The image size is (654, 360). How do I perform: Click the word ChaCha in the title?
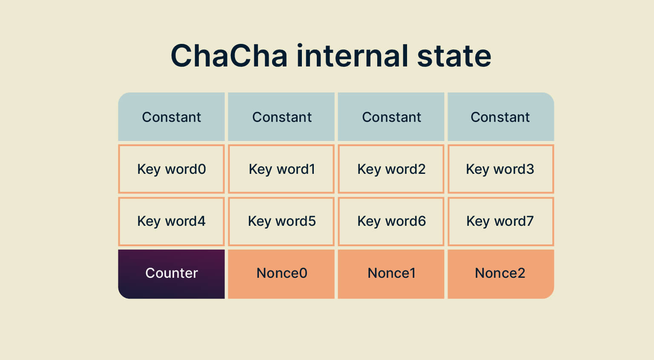pyautogui.click(x=229, y=56)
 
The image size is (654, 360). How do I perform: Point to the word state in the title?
pyautogui.click(x=454, y=56)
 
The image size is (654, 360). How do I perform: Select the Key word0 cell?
pyautogui.click(x=171, y=169)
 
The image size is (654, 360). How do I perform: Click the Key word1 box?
pyautogui.click(x=281, y=169)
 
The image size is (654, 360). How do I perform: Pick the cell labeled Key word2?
pyautogui.click(x=391, y=169)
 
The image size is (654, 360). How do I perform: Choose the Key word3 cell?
pyautogui.click(x=500, y=169)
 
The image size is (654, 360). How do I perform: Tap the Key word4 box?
pyautogui.click(x=171, y=221)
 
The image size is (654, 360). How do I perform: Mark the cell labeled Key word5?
pyautogui.click(x=281, y=221)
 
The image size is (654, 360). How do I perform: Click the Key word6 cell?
pyautogui.click(x=391, y=221)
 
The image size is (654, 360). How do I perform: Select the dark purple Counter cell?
pyautogui.click(x=171, y=274)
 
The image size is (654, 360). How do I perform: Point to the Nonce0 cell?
pyautogui.click(x=281, y=274)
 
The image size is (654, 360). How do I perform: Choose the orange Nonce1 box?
pyautogui.click(x=391, y=274)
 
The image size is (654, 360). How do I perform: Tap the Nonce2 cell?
pyautogui.click(x=500, y=274)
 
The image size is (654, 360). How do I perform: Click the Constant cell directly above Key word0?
pyautogui.click(x=171, y=117)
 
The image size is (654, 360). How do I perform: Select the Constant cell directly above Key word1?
pyautogui.click(x=281, y=117)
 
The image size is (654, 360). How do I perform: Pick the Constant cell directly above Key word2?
pyautogui.click(x=391, y=117)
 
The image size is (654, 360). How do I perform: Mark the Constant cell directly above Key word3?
pyautogui.click(x=500, y=117)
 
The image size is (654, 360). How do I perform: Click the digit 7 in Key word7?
pyautogui.click(x=529, y=221)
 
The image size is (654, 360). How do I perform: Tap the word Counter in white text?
pyautogui.click(x=172, y=273)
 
